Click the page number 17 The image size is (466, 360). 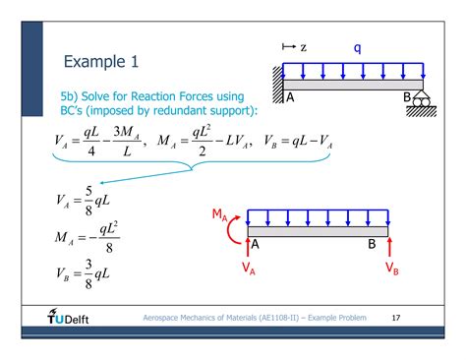point(396,319)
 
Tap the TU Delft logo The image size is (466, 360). point(67,318)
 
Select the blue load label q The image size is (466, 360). point(359,46)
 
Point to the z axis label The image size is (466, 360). point(304,46)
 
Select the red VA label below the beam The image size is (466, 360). point(249,267)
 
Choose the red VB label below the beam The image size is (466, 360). point(391,267)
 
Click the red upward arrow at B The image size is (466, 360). point(391,246)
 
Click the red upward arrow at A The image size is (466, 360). point(248,246)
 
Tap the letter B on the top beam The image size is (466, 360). point(407,97)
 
